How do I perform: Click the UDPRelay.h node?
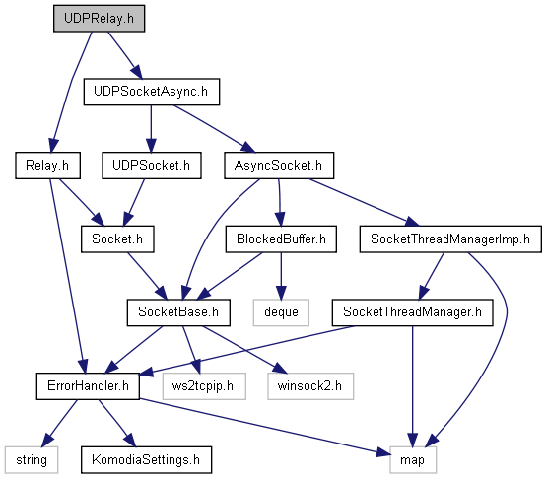[x=100, y=19]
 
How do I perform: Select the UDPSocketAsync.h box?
[x=152, y=92]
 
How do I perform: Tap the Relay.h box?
[x=47, y=166]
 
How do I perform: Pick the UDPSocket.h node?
[x=152, y=166]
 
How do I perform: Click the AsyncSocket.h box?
[x=279, y=166]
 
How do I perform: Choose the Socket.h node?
[x=117, y=239]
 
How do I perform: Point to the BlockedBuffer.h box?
[x=281, y=239]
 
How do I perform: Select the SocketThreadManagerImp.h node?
[x=450, y=239]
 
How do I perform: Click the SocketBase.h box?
[x=178, y=312]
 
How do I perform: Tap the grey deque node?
[x=281, y=312]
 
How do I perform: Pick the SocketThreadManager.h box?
[x=412, y=312]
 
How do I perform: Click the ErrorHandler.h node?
[x=88, y=386]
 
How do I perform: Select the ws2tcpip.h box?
[x=204, y=386]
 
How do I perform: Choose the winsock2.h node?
[x=310, y=386]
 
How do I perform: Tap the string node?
[x=32, y=460]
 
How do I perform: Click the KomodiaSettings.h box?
[x=146, y=460]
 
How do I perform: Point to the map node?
[x=413, y=460]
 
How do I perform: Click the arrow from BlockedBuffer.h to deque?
[x=281, y=276]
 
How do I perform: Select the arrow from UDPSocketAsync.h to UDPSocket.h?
[x=151, y=129]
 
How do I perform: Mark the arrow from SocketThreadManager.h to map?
[x=412, y=386]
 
